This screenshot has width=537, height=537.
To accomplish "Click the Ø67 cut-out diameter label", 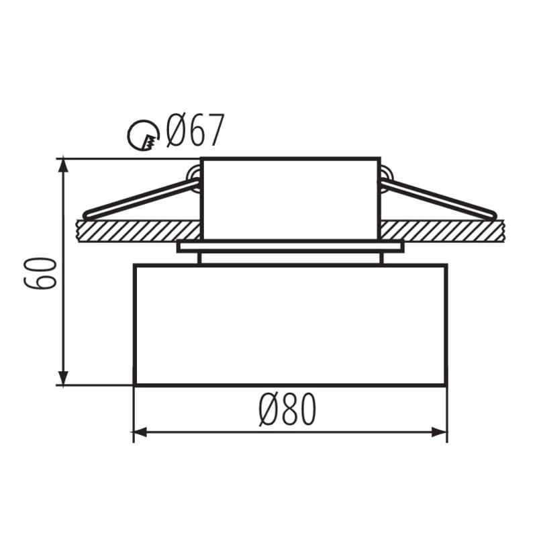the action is coord(195,130).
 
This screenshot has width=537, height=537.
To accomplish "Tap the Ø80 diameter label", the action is coord(288,409).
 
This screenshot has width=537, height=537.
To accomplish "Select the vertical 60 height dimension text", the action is coord(40,273).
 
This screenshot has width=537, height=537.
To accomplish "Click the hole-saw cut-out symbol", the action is coord(144,136).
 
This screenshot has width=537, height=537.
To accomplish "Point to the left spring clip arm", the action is coord(141,200).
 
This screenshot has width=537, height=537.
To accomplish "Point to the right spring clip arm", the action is coord(438,200).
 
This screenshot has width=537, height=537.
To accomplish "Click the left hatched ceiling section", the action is coord(139,232).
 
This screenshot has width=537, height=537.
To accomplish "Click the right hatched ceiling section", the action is coord(442,232).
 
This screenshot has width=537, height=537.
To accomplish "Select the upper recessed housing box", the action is coord(290,199).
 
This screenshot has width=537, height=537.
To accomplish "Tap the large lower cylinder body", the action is coord(290,325).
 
